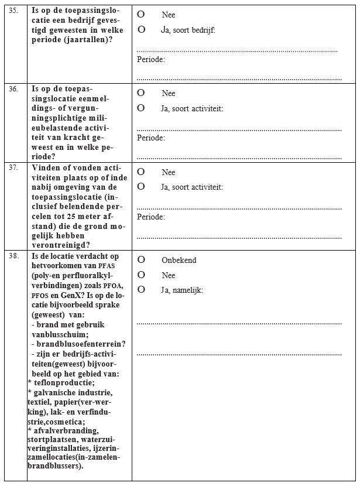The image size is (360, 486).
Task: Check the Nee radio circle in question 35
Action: coord(141,14)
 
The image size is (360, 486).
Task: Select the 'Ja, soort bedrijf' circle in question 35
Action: coord(141,29)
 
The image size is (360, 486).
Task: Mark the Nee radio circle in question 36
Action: coord(141,93)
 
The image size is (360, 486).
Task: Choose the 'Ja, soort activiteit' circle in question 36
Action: coord(141,108)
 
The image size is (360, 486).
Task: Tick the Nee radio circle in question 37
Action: coord(141,172)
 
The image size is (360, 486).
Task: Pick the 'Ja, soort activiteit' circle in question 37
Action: coord(141,187)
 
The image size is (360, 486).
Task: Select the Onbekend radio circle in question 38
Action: coord(141,259)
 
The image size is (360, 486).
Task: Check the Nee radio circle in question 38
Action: coord(141,274)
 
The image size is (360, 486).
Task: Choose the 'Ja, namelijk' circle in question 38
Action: coord(141,289)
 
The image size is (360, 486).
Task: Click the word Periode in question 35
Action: coord(150,59)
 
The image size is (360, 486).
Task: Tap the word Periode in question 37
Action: coord(150,217)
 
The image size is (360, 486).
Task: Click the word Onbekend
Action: coord(179,260)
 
